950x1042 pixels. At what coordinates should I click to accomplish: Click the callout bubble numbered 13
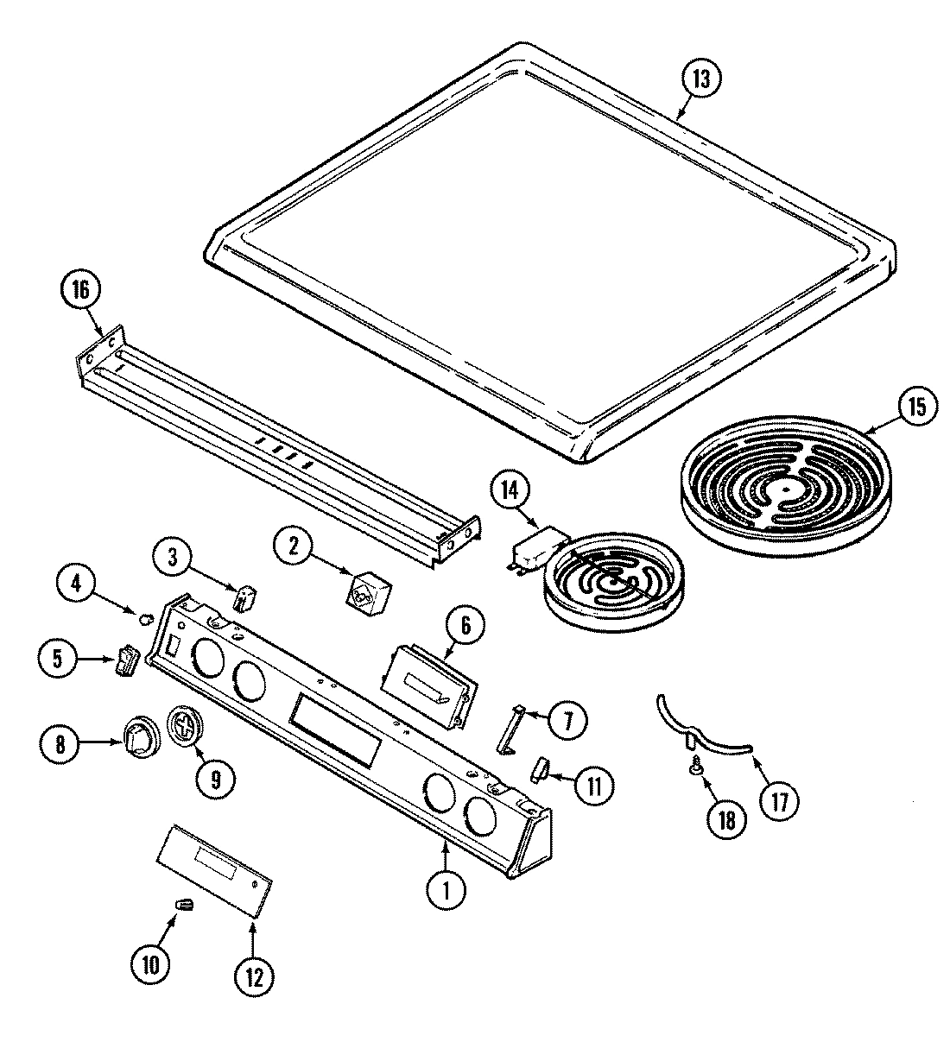click(700, 79)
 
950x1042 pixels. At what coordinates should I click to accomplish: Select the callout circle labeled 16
click(79, 290)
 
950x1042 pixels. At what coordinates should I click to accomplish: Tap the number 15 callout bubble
click(915, 406)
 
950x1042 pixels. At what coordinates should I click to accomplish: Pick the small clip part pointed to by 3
click(247, 597)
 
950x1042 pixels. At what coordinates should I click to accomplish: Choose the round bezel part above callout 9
click(183, 721)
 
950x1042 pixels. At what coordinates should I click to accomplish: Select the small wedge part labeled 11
click(541, 767)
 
